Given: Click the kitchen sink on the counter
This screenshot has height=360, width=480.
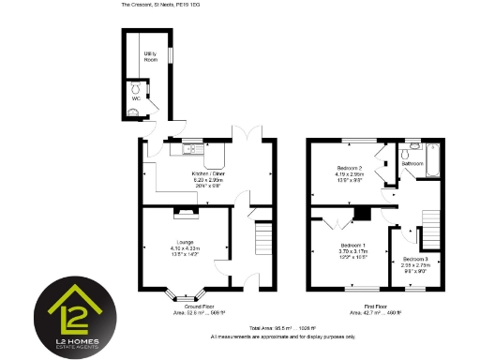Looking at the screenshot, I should (189, 148).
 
